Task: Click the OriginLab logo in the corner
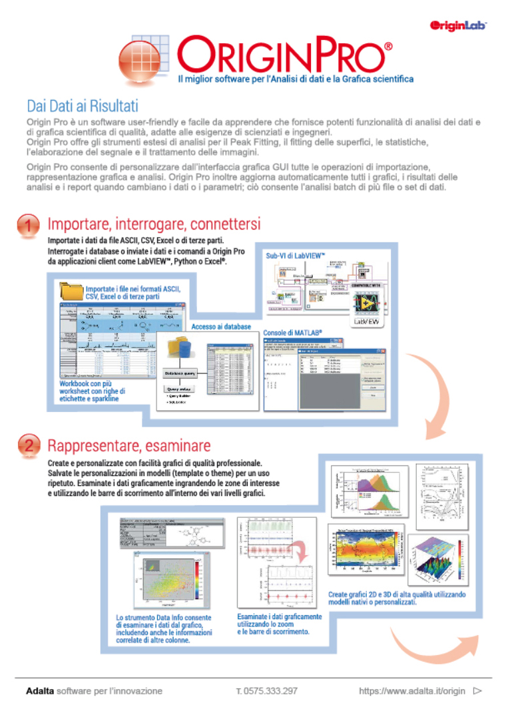[x=459, y=25]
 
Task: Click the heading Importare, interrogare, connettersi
[x=154, y=223]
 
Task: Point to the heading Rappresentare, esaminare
[x=128, y=445]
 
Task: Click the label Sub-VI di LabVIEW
[x=295, y=255]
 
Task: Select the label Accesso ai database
[x=221, y=326]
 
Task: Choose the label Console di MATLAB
[x=293, y=332]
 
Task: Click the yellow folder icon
[x=71, y=291]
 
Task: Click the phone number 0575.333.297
[x=266, y=691]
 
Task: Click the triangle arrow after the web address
[x=477, y=691]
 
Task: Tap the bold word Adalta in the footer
[x=39, y=691]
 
